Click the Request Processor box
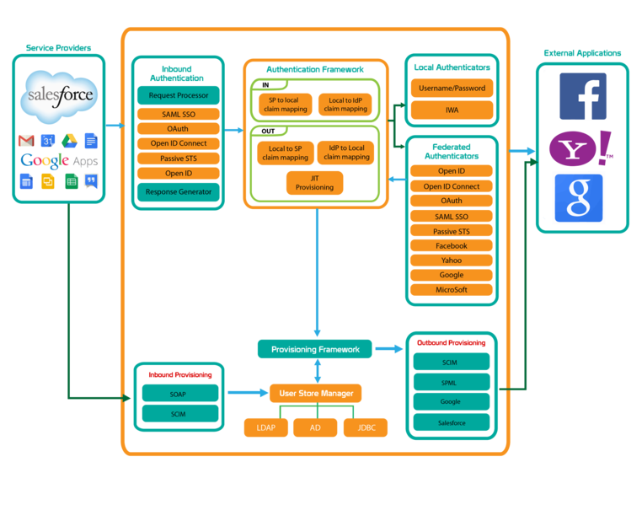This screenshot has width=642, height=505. [x=178, y=95]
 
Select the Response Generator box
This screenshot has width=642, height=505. [x=178, y=191]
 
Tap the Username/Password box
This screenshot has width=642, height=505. [x=452, y=88]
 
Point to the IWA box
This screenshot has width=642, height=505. [x=452, y=110]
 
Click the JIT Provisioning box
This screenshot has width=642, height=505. [x=314, y=182]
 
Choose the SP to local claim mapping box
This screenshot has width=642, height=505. [x=285, y=105]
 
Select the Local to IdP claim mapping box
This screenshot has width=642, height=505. [x=345, y=105]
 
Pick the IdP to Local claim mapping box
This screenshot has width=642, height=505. [x=345, y=153]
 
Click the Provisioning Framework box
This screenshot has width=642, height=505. [x=315, y=349]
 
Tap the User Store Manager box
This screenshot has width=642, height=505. [x=315, y=393]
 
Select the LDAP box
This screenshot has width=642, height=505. [x=265, y=427]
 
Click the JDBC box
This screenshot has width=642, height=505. [x=365, y=427]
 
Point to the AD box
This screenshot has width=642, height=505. [x=315, y=427]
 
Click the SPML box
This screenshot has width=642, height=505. [x=451, y=382]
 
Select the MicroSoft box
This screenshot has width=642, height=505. [x=451, y=290]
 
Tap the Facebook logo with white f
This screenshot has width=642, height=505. [x=582, y=96]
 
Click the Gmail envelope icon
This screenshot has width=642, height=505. [x=27, y=140]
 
